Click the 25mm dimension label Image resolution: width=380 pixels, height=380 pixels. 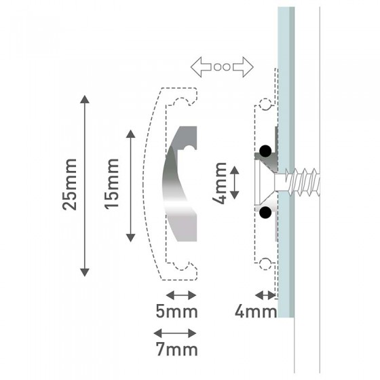click(70, 185)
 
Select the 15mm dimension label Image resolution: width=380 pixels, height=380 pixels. click(112, 183)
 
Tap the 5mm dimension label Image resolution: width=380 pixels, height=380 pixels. click(176, 311)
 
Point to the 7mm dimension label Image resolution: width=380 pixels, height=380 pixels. click(177, 349)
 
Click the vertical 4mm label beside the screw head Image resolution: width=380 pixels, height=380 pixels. click(219, 183)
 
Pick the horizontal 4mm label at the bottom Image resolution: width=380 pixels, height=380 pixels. click(256, 311)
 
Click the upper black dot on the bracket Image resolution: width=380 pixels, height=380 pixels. click(265, 151)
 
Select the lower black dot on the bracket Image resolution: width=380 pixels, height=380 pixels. click(265, 212)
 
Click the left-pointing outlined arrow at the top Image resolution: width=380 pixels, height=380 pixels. click(201, 67)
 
